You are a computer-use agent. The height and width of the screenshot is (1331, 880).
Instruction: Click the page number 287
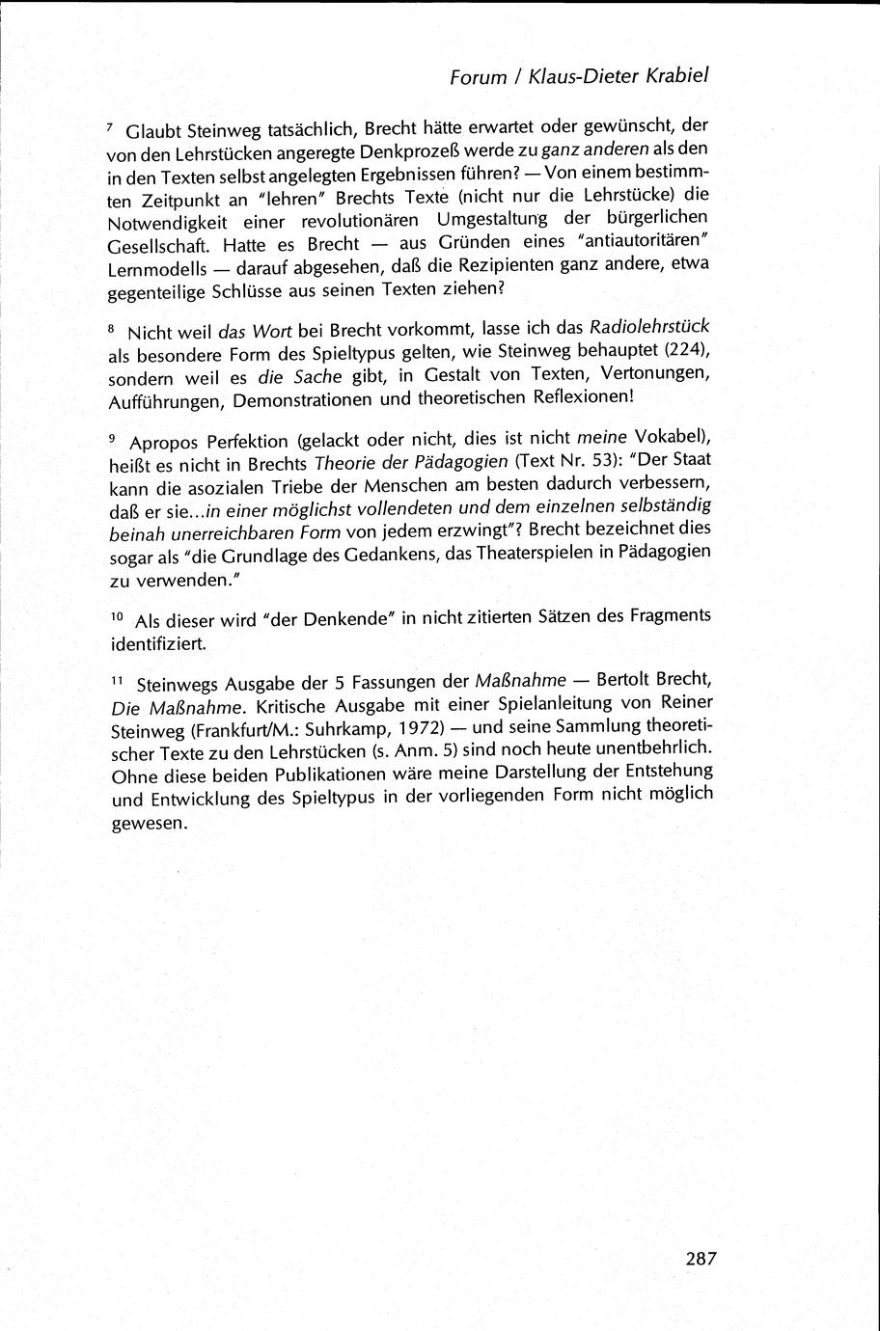point(701,1258)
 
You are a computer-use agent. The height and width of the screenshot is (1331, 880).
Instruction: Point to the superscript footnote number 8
point(110,328)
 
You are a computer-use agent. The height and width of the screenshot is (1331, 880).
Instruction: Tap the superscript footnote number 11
point(113,681)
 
